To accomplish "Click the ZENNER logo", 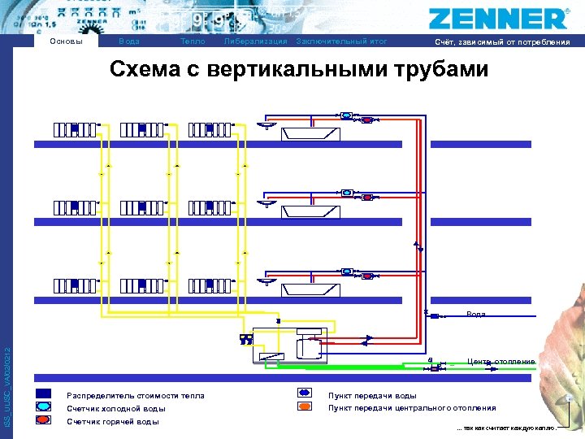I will point(498,18).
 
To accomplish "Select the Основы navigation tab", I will point(67,41).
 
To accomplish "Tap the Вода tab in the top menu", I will point(128,41).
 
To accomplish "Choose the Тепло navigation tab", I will point(193,41).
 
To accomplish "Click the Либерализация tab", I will point(255,41).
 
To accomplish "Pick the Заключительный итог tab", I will point(342,41).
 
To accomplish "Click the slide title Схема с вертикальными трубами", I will point(299,70).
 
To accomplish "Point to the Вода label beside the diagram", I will point(476,314).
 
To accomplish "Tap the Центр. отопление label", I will point(501,361).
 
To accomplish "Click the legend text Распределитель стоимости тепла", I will point(136,396).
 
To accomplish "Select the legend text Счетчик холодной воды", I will point(116,409).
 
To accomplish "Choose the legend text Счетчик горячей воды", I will point(113,422).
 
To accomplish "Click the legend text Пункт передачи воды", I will point(372,396).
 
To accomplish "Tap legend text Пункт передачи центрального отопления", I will point(412,409).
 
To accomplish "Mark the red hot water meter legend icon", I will point(43,421).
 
